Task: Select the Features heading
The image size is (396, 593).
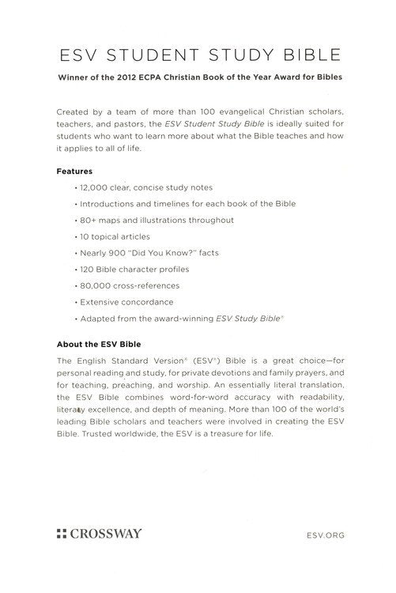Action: pos(75,171)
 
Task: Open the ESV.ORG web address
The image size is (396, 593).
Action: pos(322,534)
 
